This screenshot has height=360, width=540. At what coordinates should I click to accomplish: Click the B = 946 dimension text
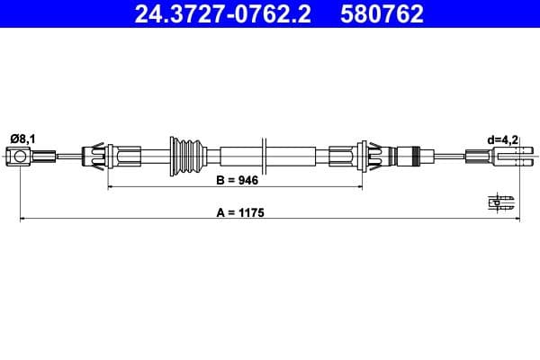(x=237, y=180)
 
